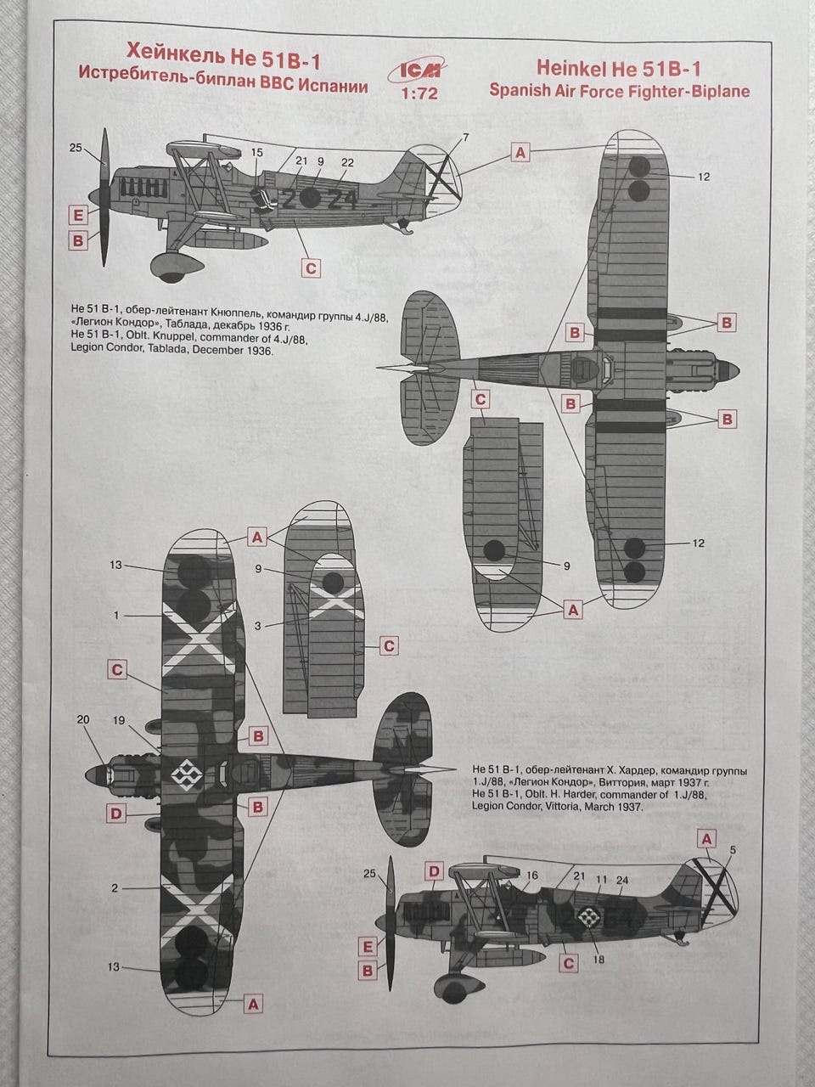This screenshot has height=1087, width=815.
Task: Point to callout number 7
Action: point(464,138)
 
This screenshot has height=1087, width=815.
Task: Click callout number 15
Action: point(258,153)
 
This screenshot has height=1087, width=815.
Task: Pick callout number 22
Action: point(347,162)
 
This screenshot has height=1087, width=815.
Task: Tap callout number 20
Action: point(82,719)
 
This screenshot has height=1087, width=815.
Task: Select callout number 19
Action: point(119,720)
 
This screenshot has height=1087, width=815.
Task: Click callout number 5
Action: point(733,849)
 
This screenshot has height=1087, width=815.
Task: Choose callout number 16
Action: point(532,875)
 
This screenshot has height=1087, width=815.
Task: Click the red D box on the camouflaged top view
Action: point(116,814)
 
